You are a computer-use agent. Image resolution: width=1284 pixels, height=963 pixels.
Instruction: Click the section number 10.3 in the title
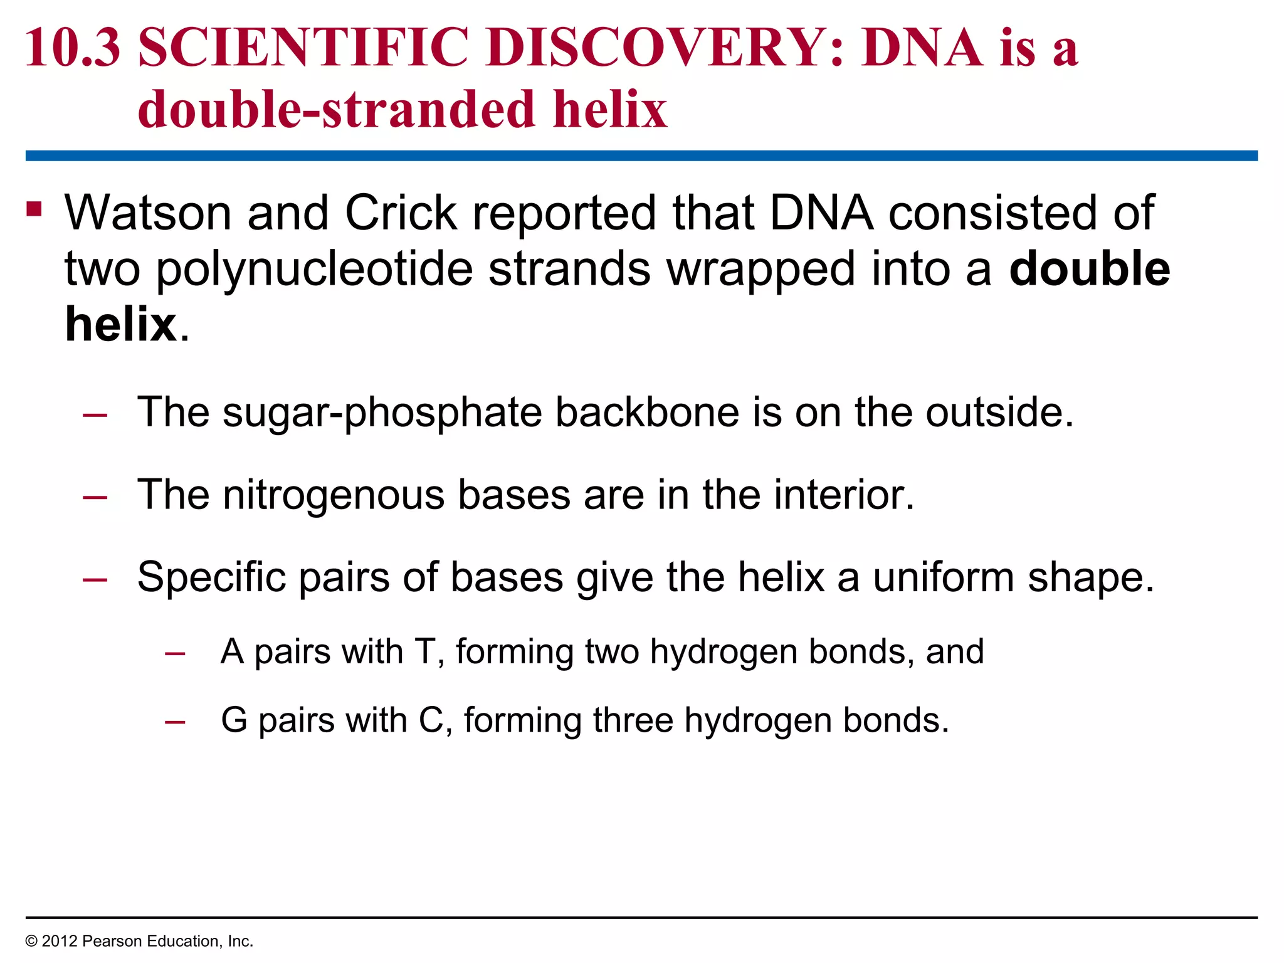[x=72, y=48]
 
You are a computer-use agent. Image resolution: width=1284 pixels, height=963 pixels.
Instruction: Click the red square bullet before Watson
[x=34, y=209]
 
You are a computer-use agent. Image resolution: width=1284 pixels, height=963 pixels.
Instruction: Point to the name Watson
[x=148, y=213]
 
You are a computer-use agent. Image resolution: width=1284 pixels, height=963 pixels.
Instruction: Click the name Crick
[x=401, y=213]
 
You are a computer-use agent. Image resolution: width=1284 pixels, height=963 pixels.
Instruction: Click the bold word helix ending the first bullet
[x=121, y=325]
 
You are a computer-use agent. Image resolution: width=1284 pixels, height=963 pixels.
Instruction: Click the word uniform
[x=943, y=577]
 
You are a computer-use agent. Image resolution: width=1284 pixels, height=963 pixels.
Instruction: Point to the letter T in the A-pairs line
[x=425, y=652]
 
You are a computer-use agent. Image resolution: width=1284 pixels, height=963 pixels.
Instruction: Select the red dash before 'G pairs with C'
[x=175, y=722]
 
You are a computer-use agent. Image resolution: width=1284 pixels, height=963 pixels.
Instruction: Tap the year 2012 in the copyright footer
[x=59, y=941]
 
